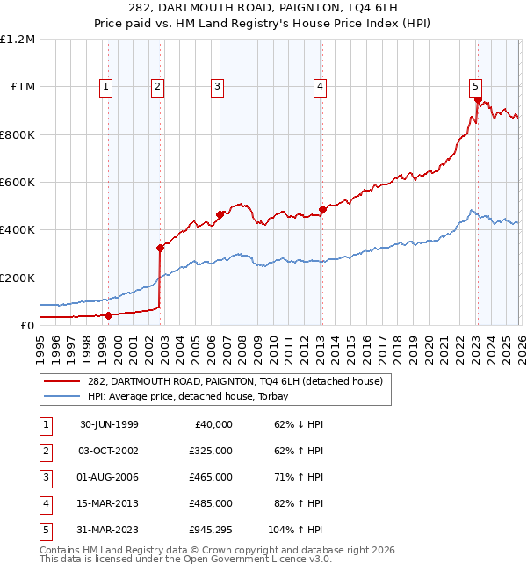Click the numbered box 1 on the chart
coord(105,86)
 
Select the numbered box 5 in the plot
coord(475,86)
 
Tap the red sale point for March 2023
coord(477,100)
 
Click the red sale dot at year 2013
coord(322,209)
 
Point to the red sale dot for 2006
coord(220,214)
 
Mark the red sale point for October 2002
coord(160,248)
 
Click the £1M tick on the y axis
coord(23,87)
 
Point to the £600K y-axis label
coord(18,183)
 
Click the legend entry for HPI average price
coord(192,396)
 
